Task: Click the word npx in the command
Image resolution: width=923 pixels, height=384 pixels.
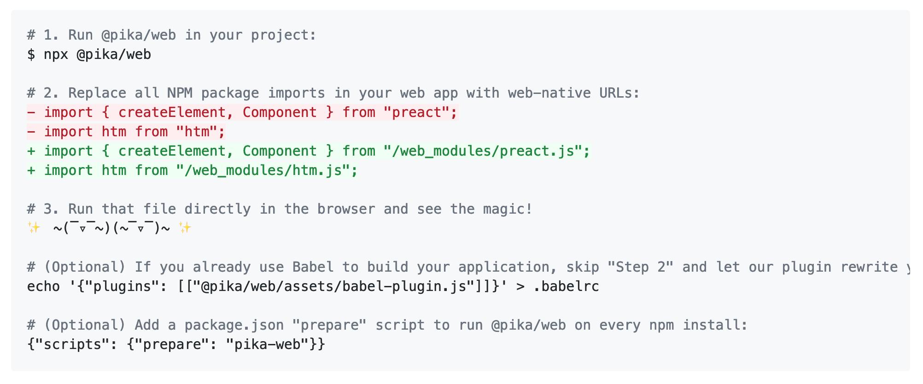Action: [56, 55]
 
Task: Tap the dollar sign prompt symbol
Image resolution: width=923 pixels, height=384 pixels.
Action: [31, 54]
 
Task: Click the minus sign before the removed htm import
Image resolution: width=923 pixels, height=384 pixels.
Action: [31, 132]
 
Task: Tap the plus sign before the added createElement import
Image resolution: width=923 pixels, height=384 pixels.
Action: [31, 151]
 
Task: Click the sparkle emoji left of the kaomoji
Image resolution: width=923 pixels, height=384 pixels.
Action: [34, 228]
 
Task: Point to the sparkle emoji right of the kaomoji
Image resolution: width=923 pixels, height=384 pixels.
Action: [185, 228]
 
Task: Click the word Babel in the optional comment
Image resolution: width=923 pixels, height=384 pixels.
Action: [313, 267]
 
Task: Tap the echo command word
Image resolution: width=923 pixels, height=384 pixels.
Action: [43, 286]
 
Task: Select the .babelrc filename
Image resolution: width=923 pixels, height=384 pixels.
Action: [566, 286]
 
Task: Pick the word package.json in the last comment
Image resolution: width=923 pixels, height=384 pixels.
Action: [234, 325]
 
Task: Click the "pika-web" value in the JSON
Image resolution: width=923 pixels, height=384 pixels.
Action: [268, 344]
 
